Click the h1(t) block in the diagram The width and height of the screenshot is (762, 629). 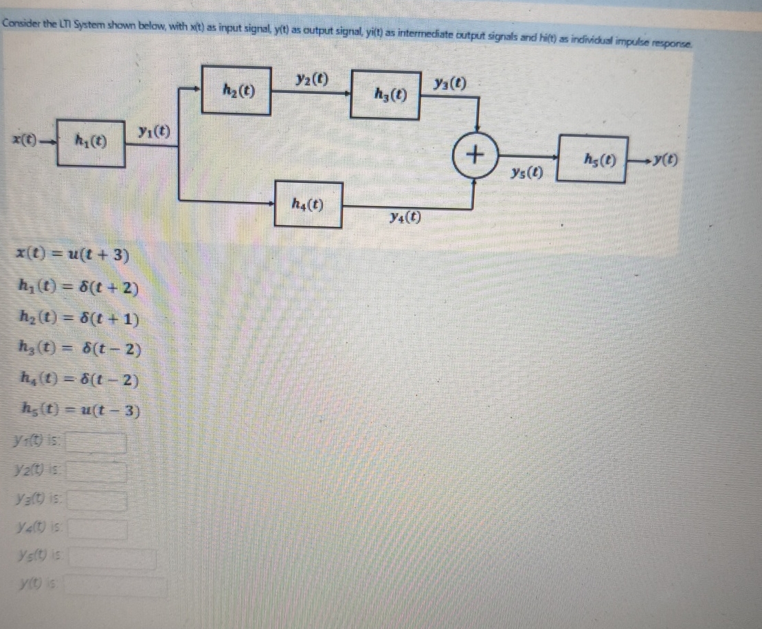tap(91, 144)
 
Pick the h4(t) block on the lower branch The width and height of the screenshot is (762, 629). tap(309, 204)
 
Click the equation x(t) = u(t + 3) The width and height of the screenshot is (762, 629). tap(73, 256)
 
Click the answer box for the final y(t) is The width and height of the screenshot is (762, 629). tap(117, 587)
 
